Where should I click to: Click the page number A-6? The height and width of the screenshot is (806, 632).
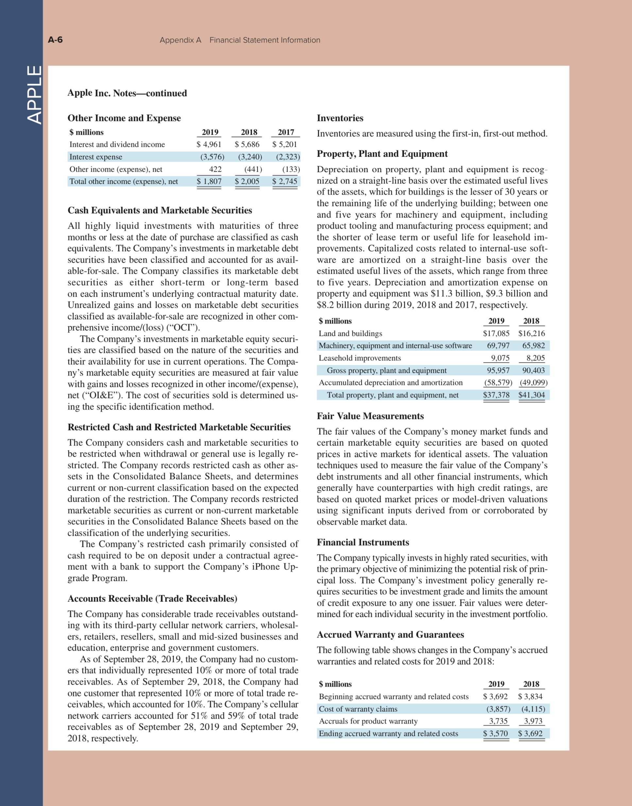pyautogui.click(x=55, y=40)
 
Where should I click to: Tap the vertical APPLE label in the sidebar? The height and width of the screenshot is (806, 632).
pyautogui.click(x=34, y=95)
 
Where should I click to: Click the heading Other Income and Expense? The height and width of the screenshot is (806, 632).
pyautogui.click(x=124, y=118)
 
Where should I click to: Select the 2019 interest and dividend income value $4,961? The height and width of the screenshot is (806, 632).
pyautogui.click(x=209, y=144)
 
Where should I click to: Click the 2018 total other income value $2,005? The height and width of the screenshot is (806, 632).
pyautogui.click(x=247, y=182)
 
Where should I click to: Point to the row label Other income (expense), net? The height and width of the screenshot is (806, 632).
pyautogui.click(x=116, y=169)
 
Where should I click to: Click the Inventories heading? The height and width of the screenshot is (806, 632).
pyautogui.click(x=340, y=118)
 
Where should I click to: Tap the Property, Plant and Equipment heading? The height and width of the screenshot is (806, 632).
pyautogui.click(x=382, y=154)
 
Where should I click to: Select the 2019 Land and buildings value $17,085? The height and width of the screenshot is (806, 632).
pyautogui.click(x=496, y=333)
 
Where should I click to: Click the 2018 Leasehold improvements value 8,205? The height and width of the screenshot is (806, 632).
pyautogui.click(x=536, y=358)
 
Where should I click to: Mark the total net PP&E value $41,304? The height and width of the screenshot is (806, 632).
pyautogui.click(x=531, y=395)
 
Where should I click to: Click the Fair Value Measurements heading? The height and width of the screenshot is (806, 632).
pyautogui.click(x=370, y=416)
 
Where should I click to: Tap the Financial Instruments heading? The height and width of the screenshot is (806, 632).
pyautogui.click(x=363, y=542)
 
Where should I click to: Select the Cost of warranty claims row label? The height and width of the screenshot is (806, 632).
pyautogui.click(x=358, y=709)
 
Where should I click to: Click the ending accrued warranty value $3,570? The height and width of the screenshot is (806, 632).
pyautogui.click(x=495, y=733)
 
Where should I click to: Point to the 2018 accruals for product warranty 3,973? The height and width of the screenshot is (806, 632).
pyautogui.click(x=533, y=721)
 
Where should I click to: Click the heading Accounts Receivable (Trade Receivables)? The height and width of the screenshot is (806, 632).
pyautogui.click(x=152, y=599)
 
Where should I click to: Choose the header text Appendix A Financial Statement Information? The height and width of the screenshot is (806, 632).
pyautogui.click(x=240, y=40)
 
